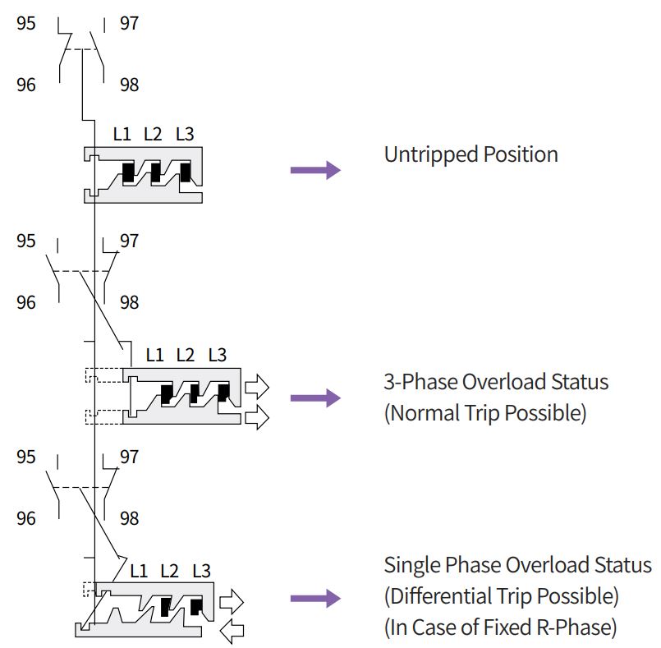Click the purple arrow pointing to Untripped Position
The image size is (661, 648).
tap(315, 170)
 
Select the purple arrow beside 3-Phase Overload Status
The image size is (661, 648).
tap(315, 398)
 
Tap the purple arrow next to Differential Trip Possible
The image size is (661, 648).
tap(315, 598)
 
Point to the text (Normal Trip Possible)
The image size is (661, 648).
tap(484, 413)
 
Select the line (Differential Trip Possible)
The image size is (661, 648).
tap(501, 596)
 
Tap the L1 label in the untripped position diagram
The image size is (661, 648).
tap(122, 134)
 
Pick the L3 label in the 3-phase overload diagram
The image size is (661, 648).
tap(217, 356)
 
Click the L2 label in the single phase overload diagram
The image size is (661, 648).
tap(169, 570)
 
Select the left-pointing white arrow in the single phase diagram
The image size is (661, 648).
tap(233, 631)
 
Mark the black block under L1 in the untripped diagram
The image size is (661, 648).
tap(128, 172)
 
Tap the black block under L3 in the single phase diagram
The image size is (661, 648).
tap(196, 607)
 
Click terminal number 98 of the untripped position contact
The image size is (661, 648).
tap(129, 85)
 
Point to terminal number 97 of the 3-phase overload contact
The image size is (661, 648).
tap(129, 241)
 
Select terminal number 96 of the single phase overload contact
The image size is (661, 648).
tap(26, 518)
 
